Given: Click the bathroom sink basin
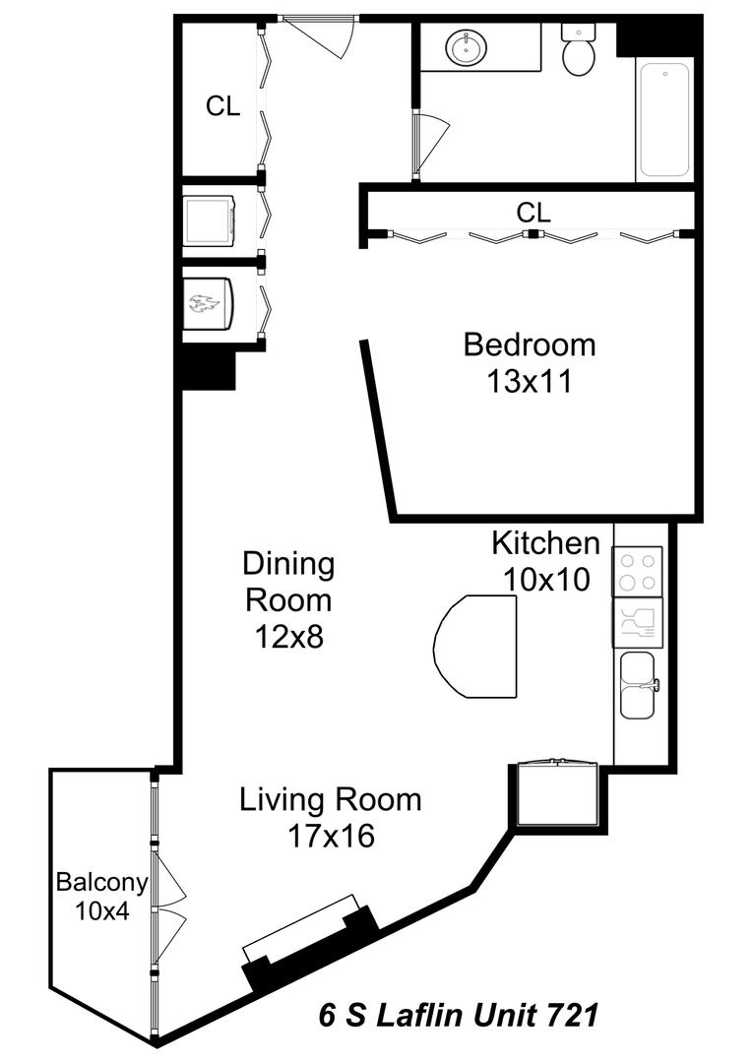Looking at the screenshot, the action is (466, 47).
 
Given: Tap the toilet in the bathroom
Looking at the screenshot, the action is (579, 50).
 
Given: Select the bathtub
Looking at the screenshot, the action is (664, 120).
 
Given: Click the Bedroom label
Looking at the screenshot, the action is (530, 344).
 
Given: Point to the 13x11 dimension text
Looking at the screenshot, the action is (530, 381).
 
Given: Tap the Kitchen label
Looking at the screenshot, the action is (546, 543).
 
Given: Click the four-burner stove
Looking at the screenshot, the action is (638, 572).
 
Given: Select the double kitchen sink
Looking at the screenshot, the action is (638, 685).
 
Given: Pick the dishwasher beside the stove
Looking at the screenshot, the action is (638, 622).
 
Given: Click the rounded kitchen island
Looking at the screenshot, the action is (476, 647).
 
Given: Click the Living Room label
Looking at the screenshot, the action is (331, 799).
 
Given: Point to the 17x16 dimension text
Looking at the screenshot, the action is (331, 836).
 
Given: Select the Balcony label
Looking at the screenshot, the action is (101, 882).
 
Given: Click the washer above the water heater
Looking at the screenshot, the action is (210, 220).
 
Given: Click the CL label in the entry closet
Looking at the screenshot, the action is (223, 105).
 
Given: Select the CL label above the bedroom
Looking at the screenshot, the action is (533, 213).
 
